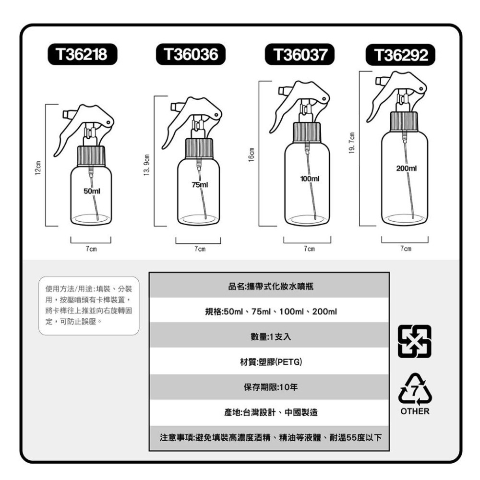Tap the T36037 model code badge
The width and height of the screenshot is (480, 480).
300,56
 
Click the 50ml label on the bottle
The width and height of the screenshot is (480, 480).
92,191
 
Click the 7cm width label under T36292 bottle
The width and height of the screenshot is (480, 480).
406,249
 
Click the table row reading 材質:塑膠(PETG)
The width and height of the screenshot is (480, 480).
271,361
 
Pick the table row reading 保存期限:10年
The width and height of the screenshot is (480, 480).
271,387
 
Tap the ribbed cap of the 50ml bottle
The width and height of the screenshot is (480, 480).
91,155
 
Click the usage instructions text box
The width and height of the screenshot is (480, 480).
89,306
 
